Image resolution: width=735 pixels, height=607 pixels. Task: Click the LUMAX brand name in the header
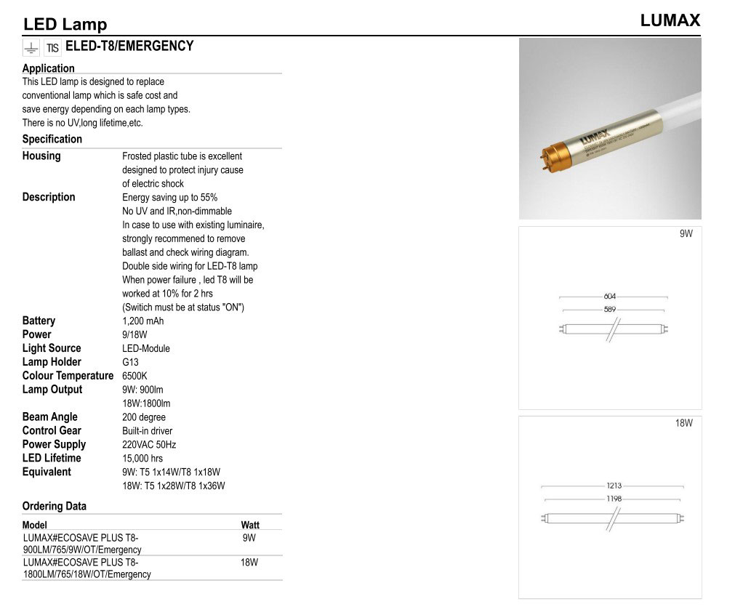(x=670, y=20)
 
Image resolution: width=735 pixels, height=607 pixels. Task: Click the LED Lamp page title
(x=65, y=25)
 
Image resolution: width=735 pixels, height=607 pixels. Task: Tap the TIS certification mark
(x=52, y=48)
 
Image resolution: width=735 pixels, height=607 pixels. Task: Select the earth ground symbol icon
(x=31, y=48)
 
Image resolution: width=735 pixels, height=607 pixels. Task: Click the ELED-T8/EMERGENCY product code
(x=129, y=46)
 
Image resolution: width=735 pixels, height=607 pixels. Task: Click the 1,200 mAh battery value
(x=142, y=321)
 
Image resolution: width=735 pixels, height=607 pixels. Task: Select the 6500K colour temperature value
(x=134, y=376)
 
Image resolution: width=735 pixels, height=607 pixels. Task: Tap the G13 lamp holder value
(x=130, y=362)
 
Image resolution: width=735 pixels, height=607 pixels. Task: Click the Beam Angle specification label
(x=49, y=417)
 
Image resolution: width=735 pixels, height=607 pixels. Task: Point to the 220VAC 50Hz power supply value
(x=149, y=444)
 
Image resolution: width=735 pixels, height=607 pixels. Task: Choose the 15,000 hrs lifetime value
(x=142, y=458)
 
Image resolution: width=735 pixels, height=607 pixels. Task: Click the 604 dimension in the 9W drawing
(x=610, y=297)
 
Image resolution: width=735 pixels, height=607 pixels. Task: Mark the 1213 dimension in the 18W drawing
(x=614, y=486)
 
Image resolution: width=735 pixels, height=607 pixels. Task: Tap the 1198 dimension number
(x=614, y=499)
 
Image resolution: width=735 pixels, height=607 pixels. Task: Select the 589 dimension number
(x=610, y=309)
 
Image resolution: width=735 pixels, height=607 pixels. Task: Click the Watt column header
(x=250, y=525)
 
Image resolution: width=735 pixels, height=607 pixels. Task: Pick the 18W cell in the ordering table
(x=249, y=562)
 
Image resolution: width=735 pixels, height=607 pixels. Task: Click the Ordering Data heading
(x=54, y=506)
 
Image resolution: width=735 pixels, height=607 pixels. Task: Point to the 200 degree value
(x=144, y=417)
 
